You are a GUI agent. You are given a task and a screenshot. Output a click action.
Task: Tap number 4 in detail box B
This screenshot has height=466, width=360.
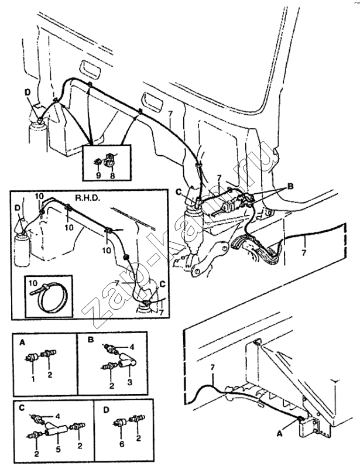[x=132, y=347]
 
